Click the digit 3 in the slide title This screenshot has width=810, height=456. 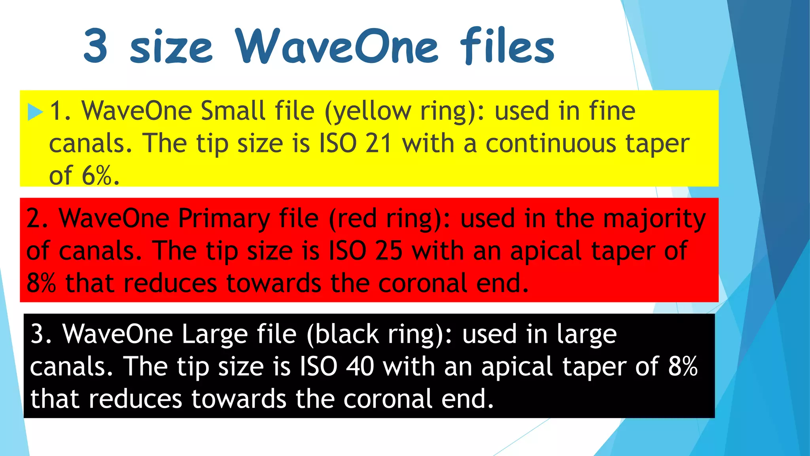[x=95, y=47]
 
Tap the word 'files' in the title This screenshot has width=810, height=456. [x=507, y=47]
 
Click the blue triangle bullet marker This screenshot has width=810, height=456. [x=35, y=112]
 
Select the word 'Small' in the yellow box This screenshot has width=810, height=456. [x=233, y=111]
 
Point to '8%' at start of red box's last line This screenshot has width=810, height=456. [x=41, y=283]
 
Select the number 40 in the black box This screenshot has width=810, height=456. [x=360, y=367]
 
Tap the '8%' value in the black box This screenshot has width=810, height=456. [x=683, y=367]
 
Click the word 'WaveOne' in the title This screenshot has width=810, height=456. [x=337, y=47]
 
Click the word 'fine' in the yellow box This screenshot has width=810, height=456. [x=612, y=111]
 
